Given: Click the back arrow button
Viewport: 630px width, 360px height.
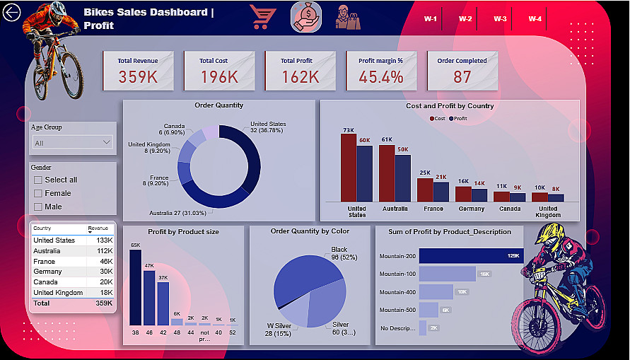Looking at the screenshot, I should [x=12, y=13].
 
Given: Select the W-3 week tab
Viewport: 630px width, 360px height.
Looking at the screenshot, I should [x=500, y=19].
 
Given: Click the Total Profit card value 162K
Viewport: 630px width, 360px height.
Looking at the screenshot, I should [x=300, y=77].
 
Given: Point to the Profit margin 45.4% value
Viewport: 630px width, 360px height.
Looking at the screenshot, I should [x=380, y=77].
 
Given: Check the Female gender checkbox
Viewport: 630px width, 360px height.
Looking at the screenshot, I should [x=38, y=193].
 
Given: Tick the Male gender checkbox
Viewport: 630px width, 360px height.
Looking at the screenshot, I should [x=38, y=207].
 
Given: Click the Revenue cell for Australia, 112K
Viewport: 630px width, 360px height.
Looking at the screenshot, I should [x=104, y=251].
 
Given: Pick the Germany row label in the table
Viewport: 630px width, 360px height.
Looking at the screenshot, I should [x=47, y=272].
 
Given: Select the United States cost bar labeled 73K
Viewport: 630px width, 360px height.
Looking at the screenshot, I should [x=348, y=168].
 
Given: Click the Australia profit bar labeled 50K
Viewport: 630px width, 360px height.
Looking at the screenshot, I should [x=402, y=178].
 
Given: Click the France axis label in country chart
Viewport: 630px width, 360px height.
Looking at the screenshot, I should [x=433, y=209].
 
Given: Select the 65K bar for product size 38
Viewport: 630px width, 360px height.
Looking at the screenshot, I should [x=135, y=287].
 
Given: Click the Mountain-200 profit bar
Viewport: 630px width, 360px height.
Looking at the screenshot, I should [x=471, y=256].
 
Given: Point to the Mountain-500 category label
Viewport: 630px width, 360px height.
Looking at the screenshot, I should [x=397, y=310].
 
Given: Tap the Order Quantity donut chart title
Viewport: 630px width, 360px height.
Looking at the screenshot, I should [x=218, y=105].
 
